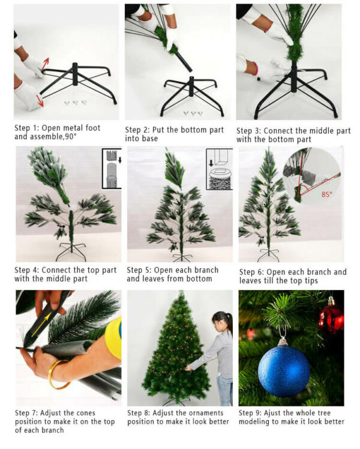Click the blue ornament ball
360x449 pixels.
[x=283, y=370]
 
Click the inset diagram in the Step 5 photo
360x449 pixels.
[x=219, y=169]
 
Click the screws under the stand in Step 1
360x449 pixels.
[x=76, y=103]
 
